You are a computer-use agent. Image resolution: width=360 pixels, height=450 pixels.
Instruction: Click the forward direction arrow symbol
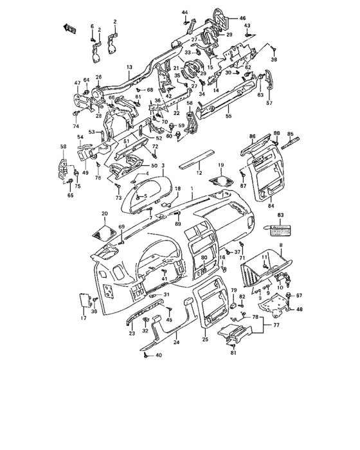coord(69,28)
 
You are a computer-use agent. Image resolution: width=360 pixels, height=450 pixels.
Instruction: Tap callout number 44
coord(184,13)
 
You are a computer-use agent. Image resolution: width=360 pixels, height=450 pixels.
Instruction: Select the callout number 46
coord(242,18)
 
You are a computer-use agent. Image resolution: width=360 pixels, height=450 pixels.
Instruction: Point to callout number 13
coord(129,67)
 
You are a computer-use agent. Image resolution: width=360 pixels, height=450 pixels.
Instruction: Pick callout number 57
coord(270,103)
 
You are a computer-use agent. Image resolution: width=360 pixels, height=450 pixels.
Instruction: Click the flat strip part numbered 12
coord(198,164)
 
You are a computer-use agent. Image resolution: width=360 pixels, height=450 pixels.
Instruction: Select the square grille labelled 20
coord(105,230)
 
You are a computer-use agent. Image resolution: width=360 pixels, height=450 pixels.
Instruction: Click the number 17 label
coord(83,318)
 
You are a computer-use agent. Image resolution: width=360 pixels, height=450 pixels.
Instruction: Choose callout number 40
coord(159,355)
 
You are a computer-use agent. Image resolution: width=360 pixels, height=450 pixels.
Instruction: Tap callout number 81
coord(235,353)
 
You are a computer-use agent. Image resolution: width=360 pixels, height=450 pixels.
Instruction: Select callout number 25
coord(205,339)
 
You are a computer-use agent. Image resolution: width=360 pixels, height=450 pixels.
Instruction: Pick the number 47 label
coord(77,83)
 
